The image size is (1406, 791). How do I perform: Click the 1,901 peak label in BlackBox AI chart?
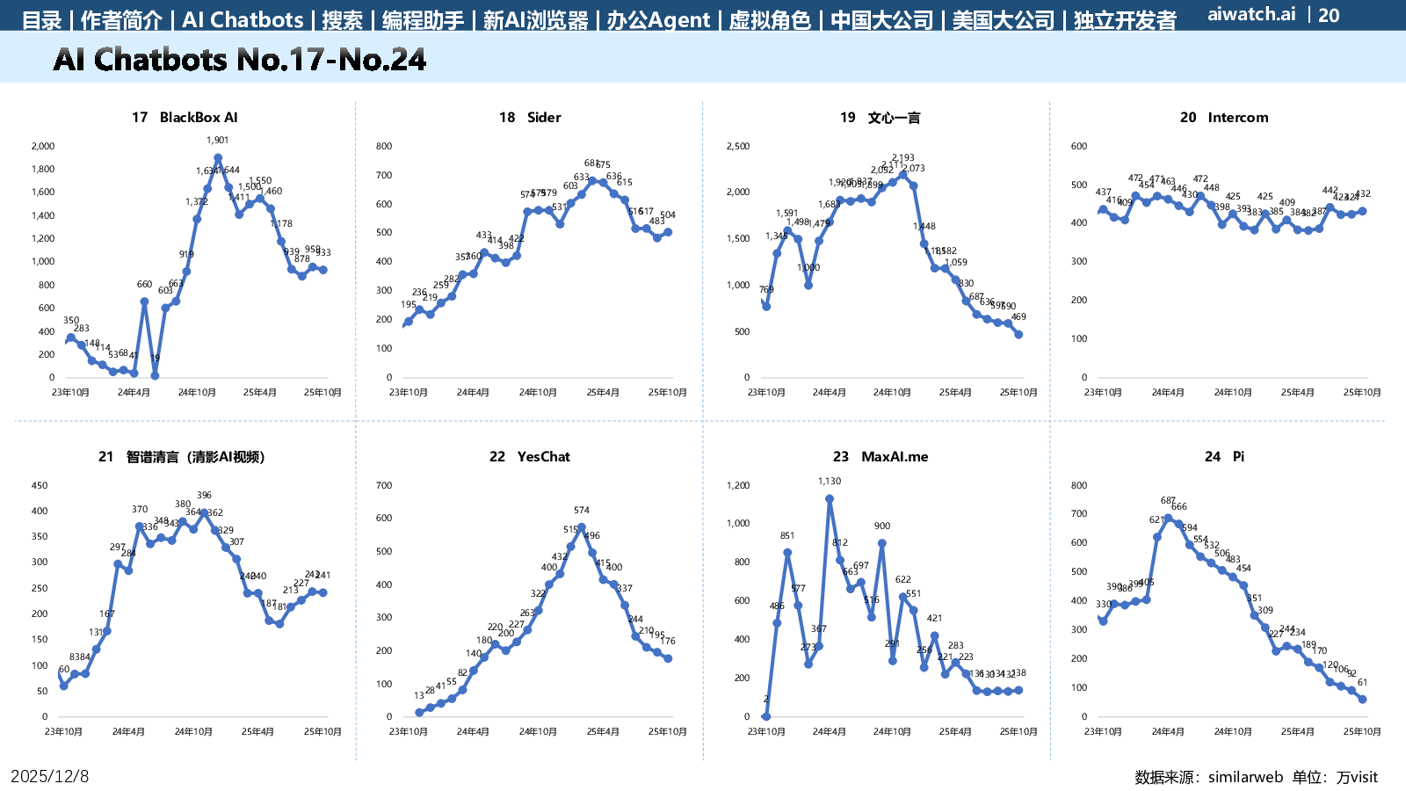(x=218, y=141)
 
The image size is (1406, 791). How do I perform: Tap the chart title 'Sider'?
(x=543, y=118)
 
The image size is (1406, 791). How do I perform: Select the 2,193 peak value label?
(x=902, y=158)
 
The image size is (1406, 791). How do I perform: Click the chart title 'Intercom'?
(x=1237, y=118)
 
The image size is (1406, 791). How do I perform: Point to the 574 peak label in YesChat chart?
(x=582, y=511)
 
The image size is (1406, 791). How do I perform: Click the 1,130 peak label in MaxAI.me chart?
(x=830, y=482)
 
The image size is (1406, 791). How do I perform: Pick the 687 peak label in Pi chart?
(x=1168, y=501)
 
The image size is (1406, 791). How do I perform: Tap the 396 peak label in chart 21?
(x=205, y=496)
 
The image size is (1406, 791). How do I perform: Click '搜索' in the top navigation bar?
(x=342, y=20)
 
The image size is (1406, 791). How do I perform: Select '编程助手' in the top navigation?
(x=423, y=20)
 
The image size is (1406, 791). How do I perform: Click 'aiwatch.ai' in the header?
(x=1251, y=14)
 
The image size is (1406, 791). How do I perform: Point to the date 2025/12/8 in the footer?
(x=50, y=776)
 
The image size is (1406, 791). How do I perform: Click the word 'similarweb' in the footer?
(x=1245, y=777)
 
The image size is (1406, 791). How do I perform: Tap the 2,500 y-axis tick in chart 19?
(x=738, y=147)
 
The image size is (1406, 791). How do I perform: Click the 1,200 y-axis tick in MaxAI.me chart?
(x=738, y=486)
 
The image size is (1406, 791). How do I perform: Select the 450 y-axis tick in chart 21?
(x=40, y=486)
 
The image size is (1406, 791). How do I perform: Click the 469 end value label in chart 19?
(x=1018, y=317)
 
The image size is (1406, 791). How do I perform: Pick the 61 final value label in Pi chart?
(x=1362, y=683)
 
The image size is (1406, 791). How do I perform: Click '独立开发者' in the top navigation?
(x=1125, y=20)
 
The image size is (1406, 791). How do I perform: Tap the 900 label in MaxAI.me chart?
(x=882, y=526)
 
